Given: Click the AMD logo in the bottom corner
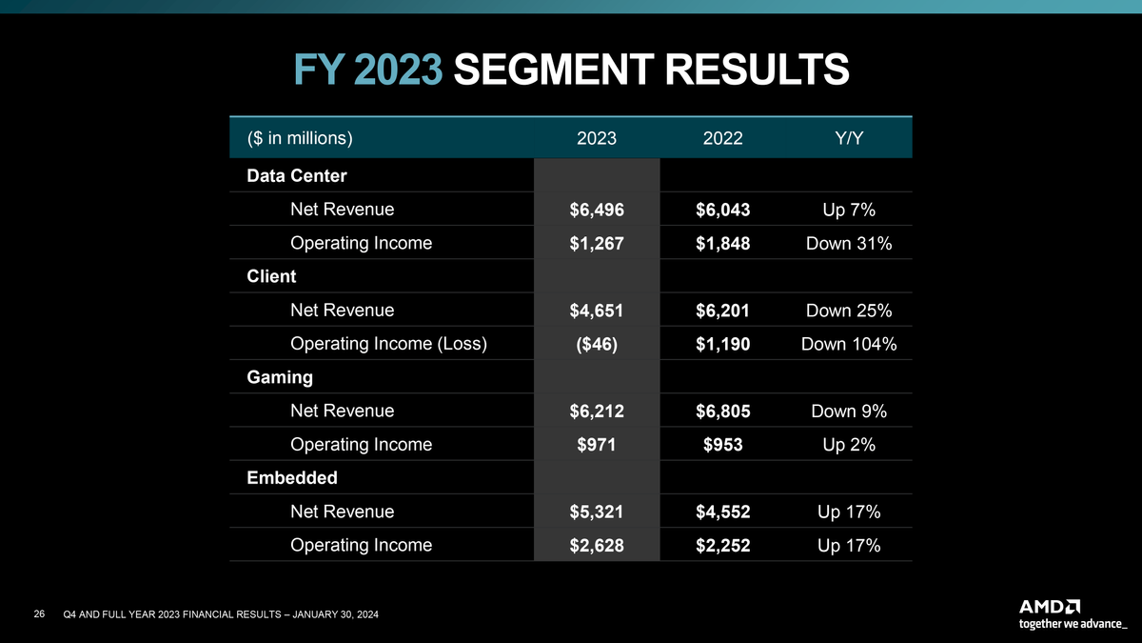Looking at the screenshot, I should [x=1050, y=606].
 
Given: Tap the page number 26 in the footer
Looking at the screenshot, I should [x=39, y=614].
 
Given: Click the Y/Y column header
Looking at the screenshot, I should [x=848, y=138].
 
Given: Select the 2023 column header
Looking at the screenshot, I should [x=597, y=138].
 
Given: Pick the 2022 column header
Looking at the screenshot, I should [x=722, y=138].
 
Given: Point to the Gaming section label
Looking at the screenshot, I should [x=280, y=377].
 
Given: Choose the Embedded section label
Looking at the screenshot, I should [x=292, y=477].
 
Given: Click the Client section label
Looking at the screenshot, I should [x=271, y=276].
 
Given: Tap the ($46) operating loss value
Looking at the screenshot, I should [x=597, y=344].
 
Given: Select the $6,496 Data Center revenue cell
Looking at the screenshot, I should [x=597, y=210].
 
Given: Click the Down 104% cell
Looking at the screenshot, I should [x=848, y=344].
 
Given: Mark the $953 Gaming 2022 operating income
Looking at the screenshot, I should [x=722, y=445].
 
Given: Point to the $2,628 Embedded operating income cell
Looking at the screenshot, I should [x=597, y=546].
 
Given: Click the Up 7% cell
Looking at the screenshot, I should [x=848, y=210].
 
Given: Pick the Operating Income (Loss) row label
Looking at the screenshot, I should [x=388, y=344].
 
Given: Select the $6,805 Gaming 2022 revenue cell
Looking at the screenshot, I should [x=722, y=412].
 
